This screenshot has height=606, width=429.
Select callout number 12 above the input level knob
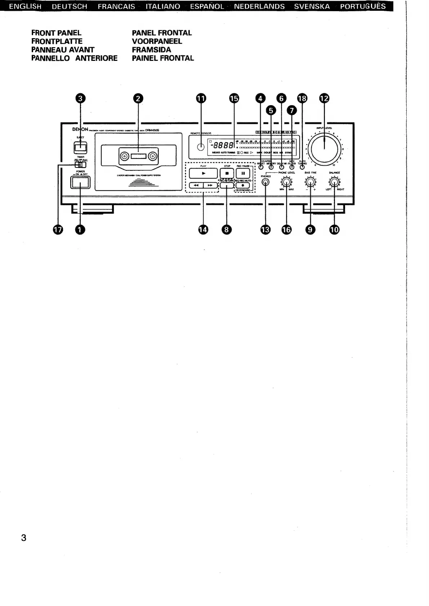(325, 98)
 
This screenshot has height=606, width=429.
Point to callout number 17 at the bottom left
(58, 229)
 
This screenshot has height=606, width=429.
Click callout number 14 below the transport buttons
(203, 229)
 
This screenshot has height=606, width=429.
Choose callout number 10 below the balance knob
(334, 229)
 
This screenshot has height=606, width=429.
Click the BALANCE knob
(335, 182)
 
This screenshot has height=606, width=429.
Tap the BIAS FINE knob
(310, 182)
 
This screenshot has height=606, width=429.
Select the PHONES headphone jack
(265, 182)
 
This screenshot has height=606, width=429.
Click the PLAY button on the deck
(204, 173)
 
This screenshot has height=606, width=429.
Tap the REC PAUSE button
(243, 173)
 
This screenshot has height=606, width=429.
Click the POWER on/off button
(80, 182)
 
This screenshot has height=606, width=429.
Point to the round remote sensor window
(201, 147)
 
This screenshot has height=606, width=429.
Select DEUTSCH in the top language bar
(70, 6)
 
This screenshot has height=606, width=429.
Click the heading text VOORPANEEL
(157, 41)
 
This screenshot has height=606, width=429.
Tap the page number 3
(24, 538)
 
